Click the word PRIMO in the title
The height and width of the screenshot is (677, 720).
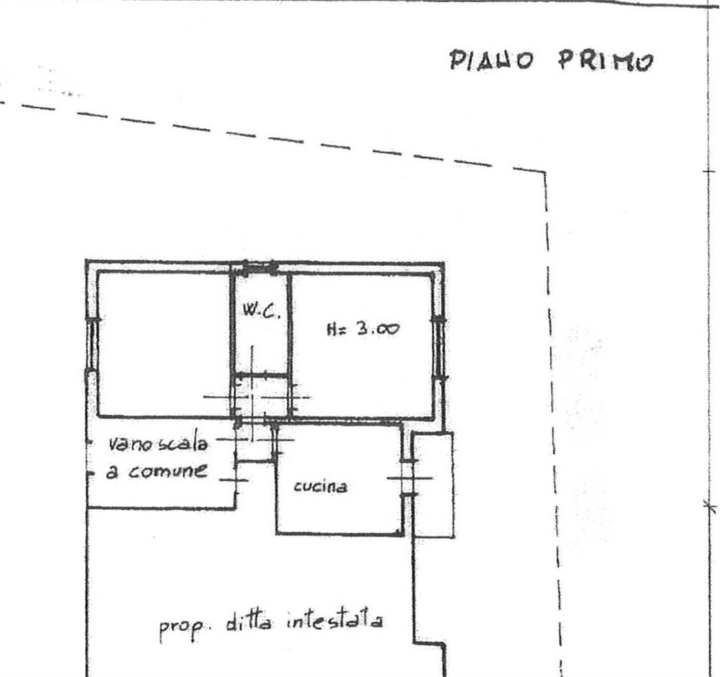pos(605,60)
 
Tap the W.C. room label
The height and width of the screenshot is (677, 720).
pos(262,311)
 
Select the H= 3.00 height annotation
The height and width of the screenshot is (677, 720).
pos(363,328)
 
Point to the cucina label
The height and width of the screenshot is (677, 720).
pos(321,486)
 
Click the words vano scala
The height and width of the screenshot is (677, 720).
pos(158,444)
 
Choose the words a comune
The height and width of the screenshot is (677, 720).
pos(157,471)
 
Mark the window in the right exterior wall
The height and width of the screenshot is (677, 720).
pos(439,347)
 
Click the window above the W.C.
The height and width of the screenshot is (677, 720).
pos(260,267)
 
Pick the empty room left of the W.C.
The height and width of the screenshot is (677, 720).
pos(165,344)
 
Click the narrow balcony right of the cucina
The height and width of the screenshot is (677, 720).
pos(433,484)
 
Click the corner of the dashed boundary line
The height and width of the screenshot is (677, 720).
pos(546,172)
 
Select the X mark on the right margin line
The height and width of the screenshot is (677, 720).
pos(710,506)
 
